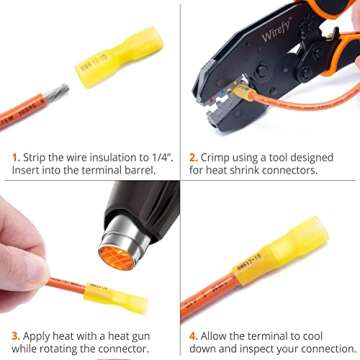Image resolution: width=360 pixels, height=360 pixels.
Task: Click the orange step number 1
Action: [x=16, y=157]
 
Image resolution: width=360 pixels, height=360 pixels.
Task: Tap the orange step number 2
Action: [x=193, y=157]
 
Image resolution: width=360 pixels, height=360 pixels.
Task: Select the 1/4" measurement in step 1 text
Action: [x=155, y=157]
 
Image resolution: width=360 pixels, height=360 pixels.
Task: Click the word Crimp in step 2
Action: [x=218, y=157]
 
